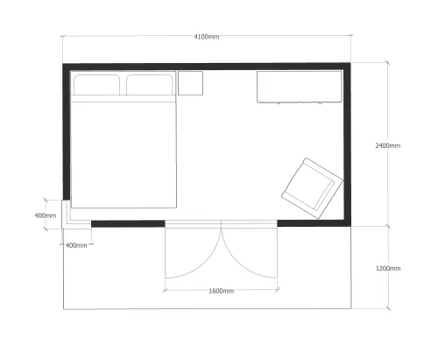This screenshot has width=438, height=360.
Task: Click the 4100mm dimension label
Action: [x=207, y=37]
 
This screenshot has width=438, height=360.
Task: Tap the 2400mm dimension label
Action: [x=388, y=145]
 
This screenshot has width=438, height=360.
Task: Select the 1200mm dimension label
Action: [x=388, y=268]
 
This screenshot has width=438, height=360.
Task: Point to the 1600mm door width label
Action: [x=222, y=291]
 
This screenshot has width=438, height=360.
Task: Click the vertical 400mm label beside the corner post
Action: [x=46, y=215]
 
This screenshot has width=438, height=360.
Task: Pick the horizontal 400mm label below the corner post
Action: [x=76, y=245]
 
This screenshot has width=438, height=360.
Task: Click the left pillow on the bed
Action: [x=96, y=85]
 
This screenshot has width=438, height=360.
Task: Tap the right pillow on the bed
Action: [x=150, y=85]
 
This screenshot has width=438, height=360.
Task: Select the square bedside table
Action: [x=190, y=83]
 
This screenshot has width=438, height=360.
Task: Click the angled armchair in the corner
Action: [x=312, y=188]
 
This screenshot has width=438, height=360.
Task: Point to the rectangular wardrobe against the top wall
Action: [x=300, y=87]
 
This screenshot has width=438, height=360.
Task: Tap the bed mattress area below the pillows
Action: [x=124, y=155]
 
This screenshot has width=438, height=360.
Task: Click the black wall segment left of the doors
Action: [x=128, y=224]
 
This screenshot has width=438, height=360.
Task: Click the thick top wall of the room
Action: [x=207, y=67]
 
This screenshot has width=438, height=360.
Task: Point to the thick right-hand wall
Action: [x=347, y=145]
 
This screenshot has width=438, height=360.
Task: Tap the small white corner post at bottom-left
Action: [x=66, y=215]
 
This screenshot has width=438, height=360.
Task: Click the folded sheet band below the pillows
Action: [x=124, y=99]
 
